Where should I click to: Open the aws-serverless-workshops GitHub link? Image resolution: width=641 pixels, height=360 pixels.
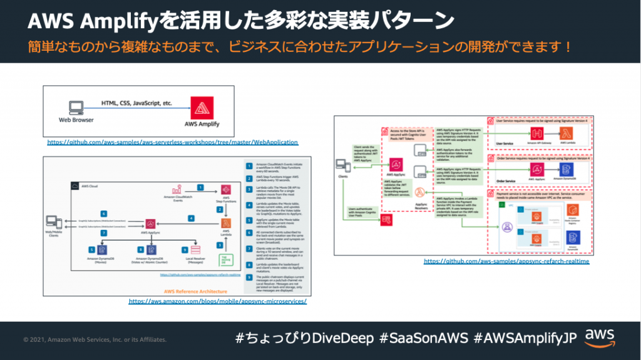coord(173,142)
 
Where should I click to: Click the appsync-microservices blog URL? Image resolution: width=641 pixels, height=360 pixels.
coord(218,301)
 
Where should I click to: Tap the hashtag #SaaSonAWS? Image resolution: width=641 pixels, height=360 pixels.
coord(423,338)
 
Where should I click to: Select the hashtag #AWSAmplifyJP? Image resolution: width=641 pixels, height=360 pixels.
coord(525,338)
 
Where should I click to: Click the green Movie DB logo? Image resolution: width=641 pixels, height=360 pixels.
coord(225,259)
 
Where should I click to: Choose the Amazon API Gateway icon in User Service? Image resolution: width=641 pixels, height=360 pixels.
coord(535,133)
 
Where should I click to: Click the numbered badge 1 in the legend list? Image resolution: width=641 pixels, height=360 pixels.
coord(249,166)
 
